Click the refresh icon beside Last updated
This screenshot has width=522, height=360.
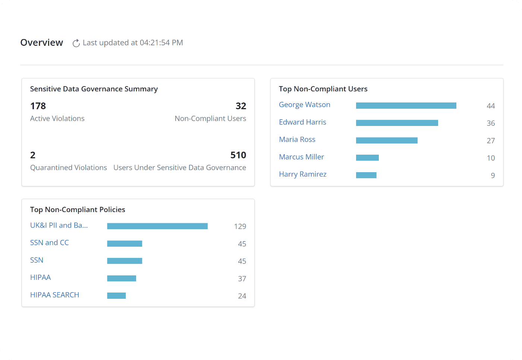coord(76,43)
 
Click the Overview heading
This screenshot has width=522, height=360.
coord(42,43)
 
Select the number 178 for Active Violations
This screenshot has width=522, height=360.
coord(38,106)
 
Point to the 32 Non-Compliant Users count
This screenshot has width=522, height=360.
coord(241,106)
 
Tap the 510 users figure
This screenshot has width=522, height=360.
coord(238,155)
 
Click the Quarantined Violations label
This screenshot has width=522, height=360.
coord(69,168)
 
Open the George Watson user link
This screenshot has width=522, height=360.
coord(305,105)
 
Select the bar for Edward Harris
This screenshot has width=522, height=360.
coord(397,123)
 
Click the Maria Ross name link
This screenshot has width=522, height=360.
coord(297,139)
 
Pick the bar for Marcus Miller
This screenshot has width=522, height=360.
coord(367,158)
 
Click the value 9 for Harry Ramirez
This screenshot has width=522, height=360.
coord(493,176)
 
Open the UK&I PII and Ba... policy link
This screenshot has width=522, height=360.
coord(59,225)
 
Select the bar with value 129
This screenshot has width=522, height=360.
coord(157,226)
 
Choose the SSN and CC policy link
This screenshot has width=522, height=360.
coord(50,243)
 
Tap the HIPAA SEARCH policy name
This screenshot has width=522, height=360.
coord(55,295)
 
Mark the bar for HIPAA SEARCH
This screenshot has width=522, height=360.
coord(116,296)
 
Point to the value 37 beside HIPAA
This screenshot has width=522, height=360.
coord(242,279)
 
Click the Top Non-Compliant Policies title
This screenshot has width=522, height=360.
coord(78,210)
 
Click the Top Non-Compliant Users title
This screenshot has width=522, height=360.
coord(323,89)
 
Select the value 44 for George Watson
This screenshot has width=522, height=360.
coord(491,106)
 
